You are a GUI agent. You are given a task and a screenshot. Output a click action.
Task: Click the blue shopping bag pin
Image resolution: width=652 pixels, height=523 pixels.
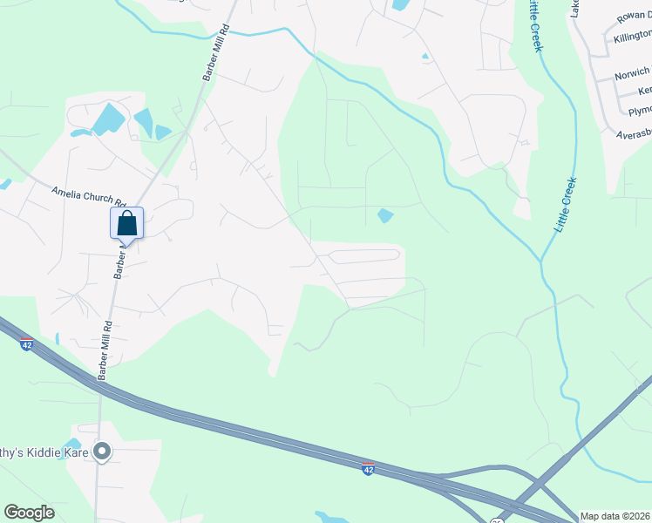(x=126, y=223)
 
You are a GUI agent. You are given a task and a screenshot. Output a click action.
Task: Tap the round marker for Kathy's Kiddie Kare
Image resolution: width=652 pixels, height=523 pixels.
(x=102, y=451)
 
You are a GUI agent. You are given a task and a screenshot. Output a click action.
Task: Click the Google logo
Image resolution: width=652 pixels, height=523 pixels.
(x=29, y=513)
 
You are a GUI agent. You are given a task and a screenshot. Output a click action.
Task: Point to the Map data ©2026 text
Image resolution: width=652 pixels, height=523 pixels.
(x=615, y=516)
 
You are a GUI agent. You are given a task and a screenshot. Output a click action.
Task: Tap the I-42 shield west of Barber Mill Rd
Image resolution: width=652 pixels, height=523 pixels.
(x=27, y=343)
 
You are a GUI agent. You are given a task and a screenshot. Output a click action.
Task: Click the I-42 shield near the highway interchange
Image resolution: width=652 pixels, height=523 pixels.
(x=369, y=469)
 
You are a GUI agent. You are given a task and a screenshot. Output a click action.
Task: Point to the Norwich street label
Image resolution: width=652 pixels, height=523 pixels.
(x=632, y=72)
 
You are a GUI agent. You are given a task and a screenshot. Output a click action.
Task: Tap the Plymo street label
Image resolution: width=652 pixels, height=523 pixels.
(x=640, y=111)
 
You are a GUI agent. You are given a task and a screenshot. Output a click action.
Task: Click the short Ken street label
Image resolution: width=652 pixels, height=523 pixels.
(x=644, y=91)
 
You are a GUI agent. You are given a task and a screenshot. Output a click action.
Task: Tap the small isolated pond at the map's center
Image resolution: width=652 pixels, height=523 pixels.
(x=384, y=214)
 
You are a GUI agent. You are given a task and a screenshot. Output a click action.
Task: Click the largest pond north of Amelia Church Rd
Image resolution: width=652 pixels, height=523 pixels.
(x=107, y=119)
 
